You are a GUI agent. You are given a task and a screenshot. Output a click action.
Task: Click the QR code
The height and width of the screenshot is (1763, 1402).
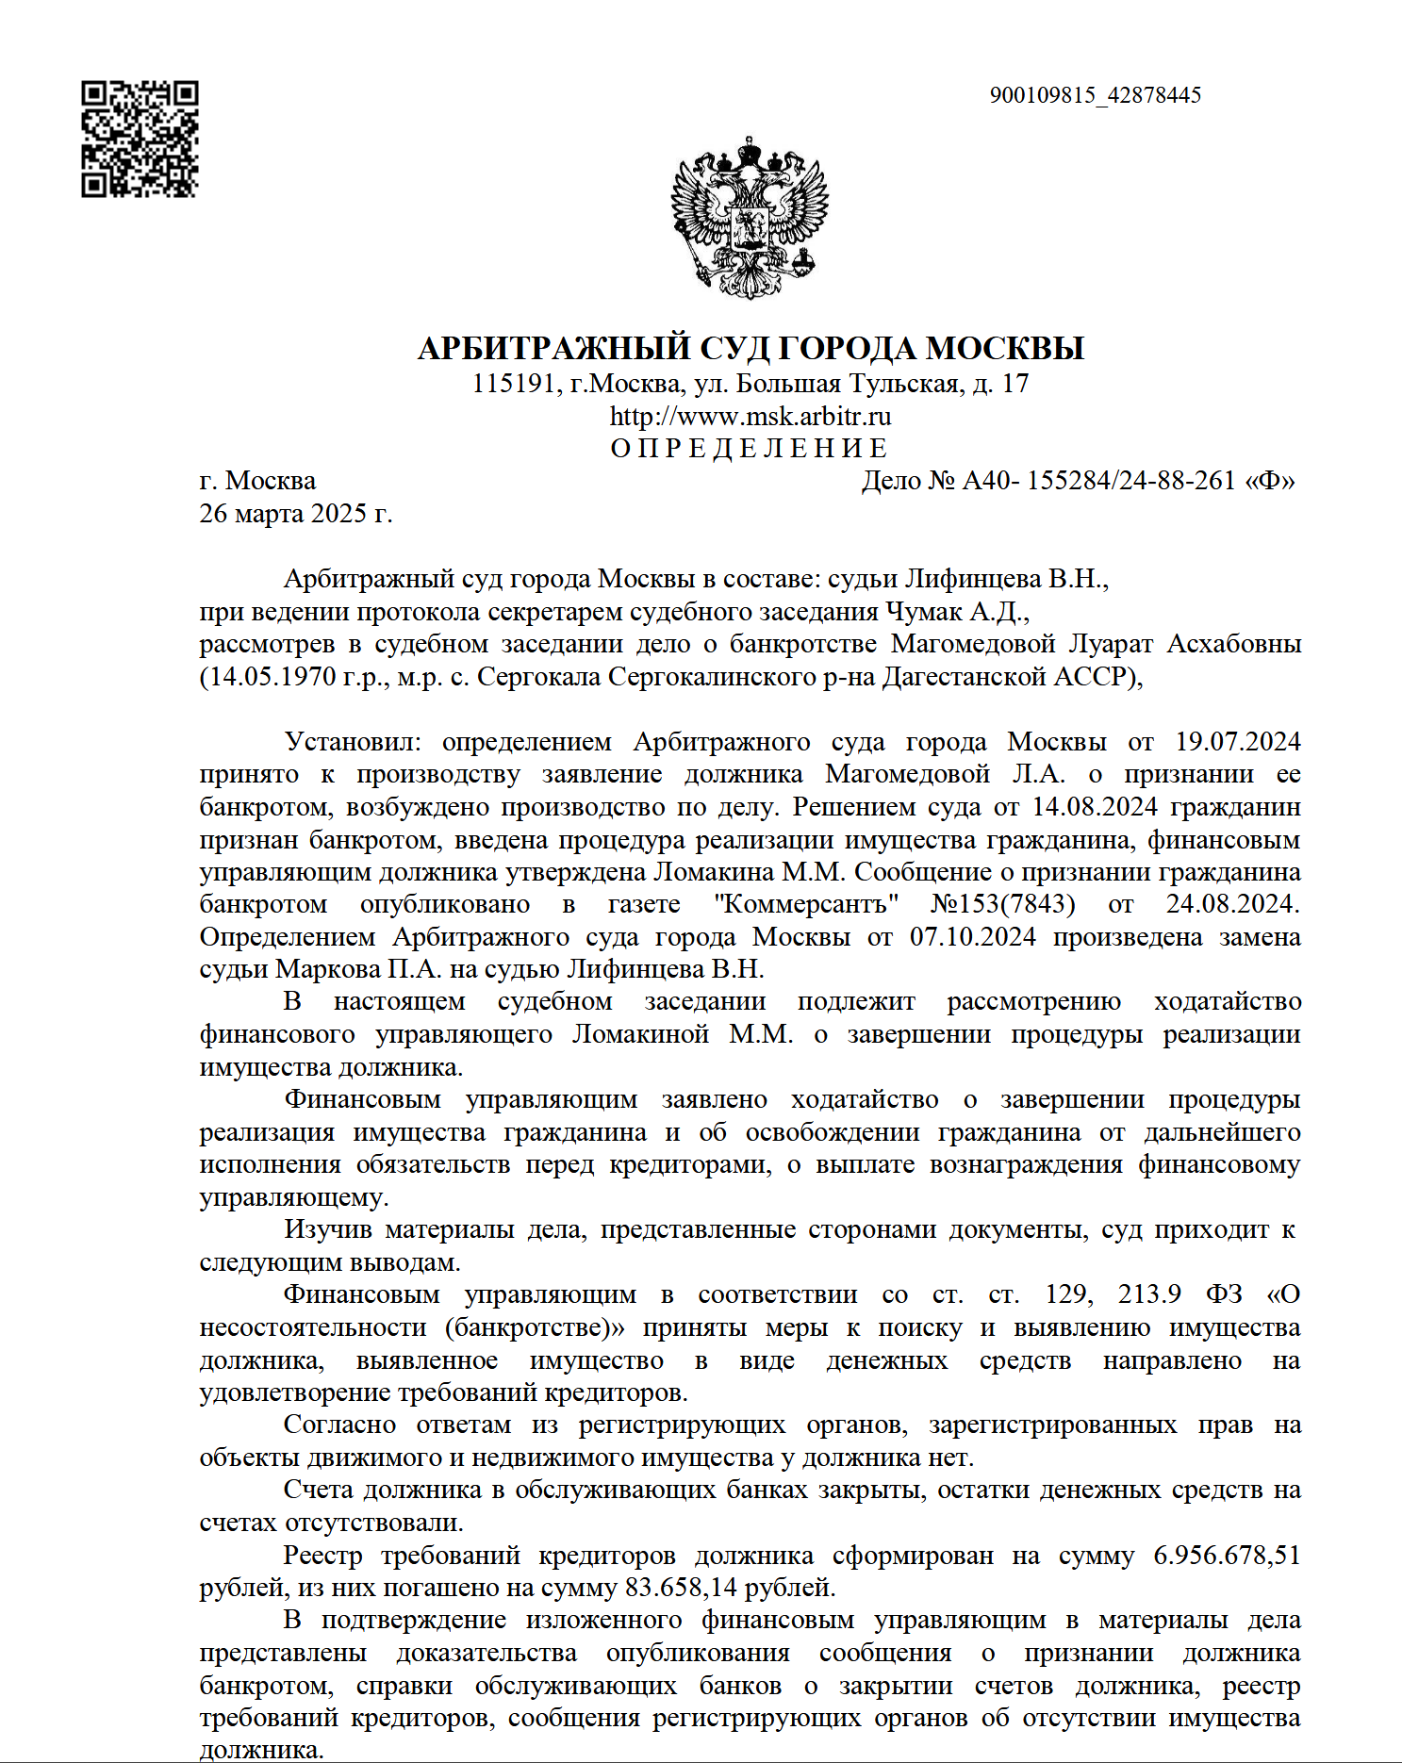tap(140, 139)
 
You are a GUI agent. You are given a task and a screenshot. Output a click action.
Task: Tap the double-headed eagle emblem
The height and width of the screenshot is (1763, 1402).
tap(750, 218)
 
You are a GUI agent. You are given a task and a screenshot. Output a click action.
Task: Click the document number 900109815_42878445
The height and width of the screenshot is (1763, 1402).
tap(1095, 95)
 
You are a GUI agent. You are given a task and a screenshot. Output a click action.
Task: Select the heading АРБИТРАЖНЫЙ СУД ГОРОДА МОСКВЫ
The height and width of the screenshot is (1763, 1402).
tap(750, 348)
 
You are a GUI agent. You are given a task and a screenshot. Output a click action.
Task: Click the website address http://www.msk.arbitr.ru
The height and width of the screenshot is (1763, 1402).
tap(750, 416)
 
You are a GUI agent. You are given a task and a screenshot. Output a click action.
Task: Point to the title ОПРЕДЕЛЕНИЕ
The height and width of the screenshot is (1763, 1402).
tap(750, 448)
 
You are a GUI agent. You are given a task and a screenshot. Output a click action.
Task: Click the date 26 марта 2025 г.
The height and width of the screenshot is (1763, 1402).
tap(295, 514)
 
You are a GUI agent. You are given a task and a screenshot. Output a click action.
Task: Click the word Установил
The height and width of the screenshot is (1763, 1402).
tap(351, 742)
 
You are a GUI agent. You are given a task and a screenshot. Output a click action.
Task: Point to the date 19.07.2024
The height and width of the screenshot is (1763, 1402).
tap(1237, 742)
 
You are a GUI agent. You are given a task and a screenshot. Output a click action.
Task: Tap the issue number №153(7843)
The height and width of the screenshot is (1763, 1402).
tap(1003, 904)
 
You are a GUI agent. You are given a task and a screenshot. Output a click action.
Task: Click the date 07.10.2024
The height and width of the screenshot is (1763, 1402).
tap(972, 937)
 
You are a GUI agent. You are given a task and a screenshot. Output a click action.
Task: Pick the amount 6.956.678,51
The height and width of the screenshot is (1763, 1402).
tap(1227, 1556)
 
